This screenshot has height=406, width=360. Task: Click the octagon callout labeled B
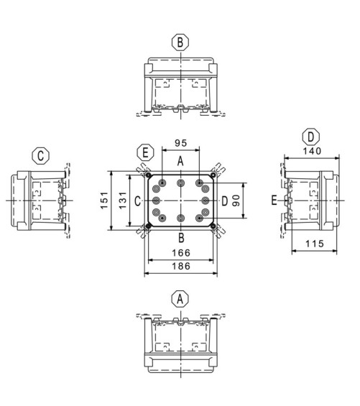(x=180, y=42)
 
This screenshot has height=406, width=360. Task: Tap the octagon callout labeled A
(x=180, y=299)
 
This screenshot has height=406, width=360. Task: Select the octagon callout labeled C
(x=41, y=156)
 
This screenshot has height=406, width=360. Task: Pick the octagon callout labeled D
(x=311, y=137)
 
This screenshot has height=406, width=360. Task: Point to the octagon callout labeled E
(x=145, y=152)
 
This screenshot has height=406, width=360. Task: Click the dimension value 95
(x=181, y=143)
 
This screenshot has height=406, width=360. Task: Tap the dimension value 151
(x=104, y=200)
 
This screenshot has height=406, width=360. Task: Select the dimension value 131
(x=123, y=200)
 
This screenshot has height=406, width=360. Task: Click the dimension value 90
(x=236, y=200)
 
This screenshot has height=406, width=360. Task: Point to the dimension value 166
(x=181, y=253)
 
